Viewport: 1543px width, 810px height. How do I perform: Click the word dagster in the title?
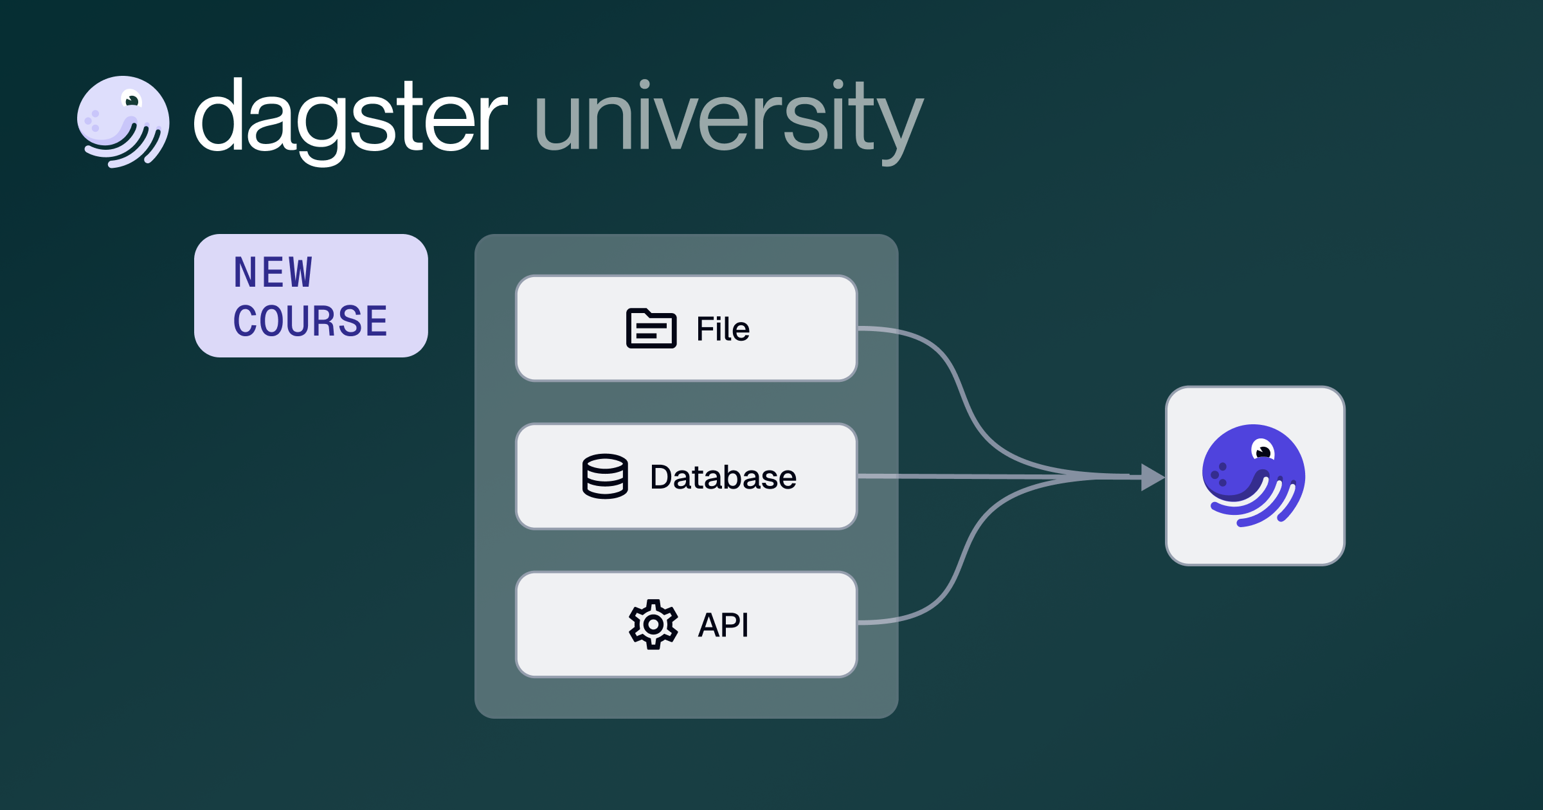[x=350, y=121]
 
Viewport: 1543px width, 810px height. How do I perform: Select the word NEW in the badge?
[x=273, y=272]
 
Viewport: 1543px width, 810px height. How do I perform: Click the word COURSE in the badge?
[x=311, y=321]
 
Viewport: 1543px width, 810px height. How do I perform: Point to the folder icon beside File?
[x=651, y=328]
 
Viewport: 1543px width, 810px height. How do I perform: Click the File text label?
[x=723, y=329]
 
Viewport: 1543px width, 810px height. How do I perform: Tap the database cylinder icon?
[x=605, y=476]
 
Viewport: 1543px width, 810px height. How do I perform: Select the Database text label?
[x=723, y=477]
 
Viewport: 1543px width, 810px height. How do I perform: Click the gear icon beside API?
[x=653, y=624]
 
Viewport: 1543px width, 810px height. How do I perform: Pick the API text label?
[x=723, y=625]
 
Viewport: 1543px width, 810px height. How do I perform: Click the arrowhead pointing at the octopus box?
[x=1153, y=477]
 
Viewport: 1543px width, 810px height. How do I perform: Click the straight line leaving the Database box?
[x=1000, y=476]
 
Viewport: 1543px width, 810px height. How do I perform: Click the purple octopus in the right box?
[x=1254, y=476]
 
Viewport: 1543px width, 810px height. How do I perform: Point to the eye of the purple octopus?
[x=1263, y=450]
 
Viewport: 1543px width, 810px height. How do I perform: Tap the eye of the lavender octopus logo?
[x=132, y=100]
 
